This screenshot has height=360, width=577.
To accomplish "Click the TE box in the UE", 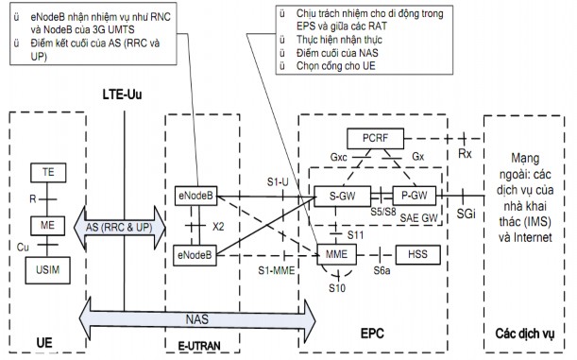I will pos(42,172).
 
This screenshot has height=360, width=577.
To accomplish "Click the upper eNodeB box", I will pos(196,197).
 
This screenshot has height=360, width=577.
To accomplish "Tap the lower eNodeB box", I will pos(196,254).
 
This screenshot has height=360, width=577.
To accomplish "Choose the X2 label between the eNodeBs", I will pos(220,227).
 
